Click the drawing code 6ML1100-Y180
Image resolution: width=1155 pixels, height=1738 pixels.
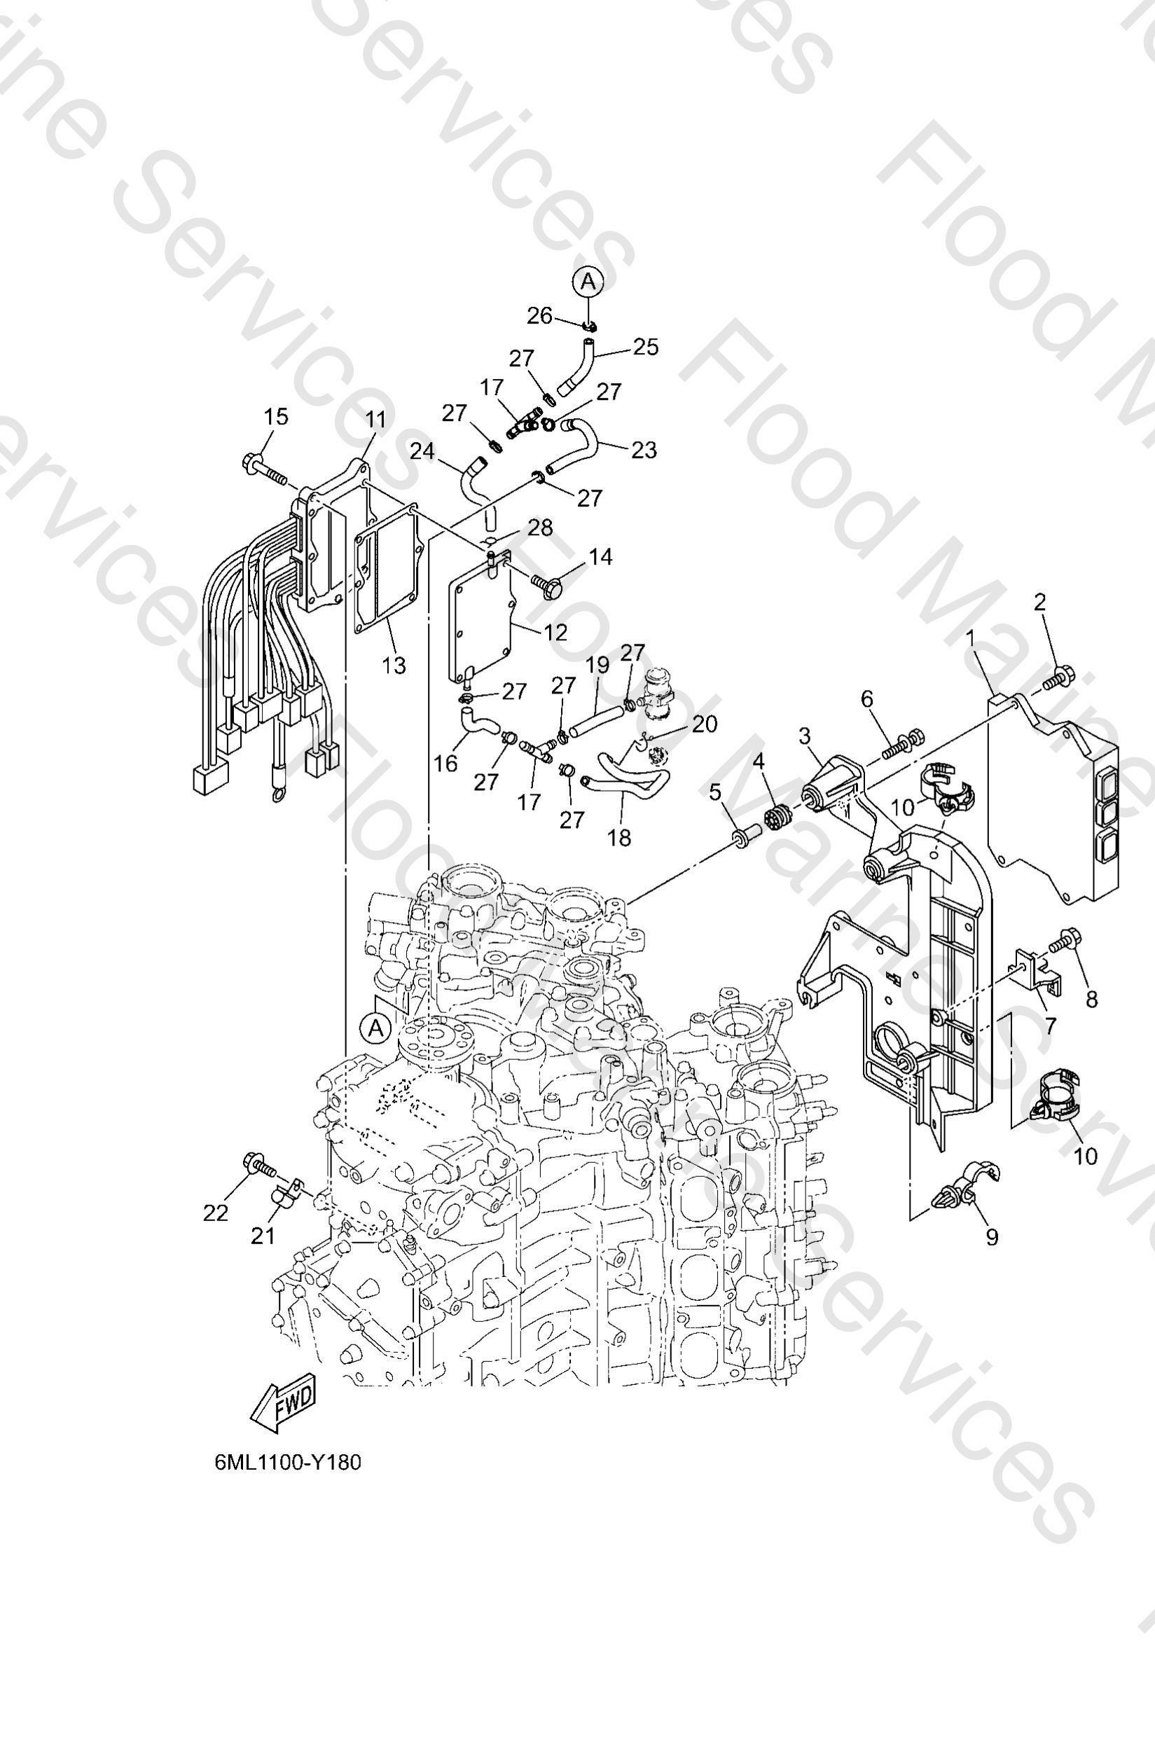coord(288,1463)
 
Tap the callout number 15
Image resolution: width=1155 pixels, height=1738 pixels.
coord(276,416)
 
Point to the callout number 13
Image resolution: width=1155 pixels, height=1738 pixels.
coord(394,665)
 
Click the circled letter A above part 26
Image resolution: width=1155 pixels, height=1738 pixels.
coord(588,282)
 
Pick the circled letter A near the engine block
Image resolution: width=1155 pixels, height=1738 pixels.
coord(375,1027)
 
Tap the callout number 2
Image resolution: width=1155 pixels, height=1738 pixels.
coord(1039,602)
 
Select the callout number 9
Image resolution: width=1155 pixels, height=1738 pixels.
coord(993,1237)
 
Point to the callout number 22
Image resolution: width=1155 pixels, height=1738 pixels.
coord(215,1212)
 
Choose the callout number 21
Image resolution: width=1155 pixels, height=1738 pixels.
coord(263,1236)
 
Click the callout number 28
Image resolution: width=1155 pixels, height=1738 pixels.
coord(540,527)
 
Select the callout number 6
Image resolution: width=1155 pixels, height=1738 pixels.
coord(867,698)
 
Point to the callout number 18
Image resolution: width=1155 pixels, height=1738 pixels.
coord(619,837)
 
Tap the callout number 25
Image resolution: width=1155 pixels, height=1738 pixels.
coord(645,347)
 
